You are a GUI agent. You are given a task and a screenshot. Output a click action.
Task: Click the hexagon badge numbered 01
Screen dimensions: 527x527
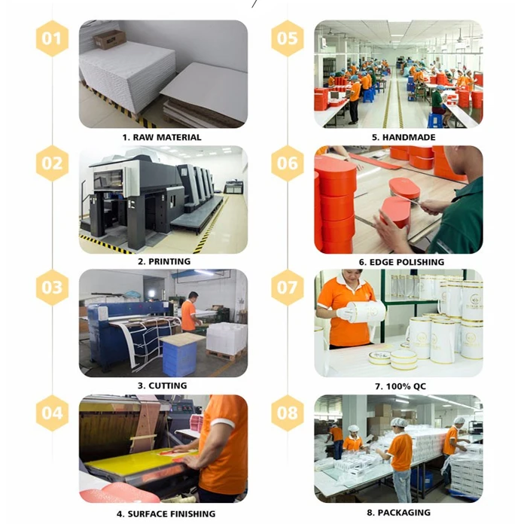pyautogui.click(x=52, y=38)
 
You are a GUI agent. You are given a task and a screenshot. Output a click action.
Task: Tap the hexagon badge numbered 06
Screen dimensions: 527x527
pyautogui.click(x=288, y=163)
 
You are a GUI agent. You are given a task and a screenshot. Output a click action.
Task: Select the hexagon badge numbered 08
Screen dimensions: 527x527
pyautogui.click(x=288, y=413)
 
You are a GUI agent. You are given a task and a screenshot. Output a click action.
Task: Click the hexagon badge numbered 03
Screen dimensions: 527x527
pyautogui.click(x=52, y=288)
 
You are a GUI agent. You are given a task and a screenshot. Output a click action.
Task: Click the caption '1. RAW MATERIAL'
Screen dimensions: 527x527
pyautogui.click(x=162, y=137)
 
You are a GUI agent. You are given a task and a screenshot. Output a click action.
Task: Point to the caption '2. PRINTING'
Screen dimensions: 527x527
pyautogui.click(x=164, y=261)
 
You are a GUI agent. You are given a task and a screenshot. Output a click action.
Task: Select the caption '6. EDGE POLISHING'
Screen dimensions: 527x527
pyautogui.click(x=401, y=262)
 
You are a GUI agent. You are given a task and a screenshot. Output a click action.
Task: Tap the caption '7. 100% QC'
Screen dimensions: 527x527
pyautogui.click(x=401, y=386)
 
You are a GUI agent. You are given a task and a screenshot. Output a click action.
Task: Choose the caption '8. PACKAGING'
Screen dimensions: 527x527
pyautogui.click(x=398, y=513)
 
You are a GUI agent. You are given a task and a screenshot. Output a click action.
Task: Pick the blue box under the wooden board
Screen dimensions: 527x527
pyautogui.click(x=179, y=358)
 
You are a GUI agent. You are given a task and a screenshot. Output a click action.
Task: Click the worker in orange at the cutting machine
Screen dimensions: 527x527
pyautogui.click(x=189, y=312)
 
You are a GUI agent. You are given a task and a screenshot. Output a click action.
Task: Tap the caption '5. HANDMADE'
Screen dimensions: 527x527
pyautogui.click(x=404, y=137)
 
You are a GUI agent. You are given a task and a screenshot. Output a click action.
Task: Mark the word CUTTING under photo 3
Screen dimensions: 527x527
pyautogui.click(x=168, y=385)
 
